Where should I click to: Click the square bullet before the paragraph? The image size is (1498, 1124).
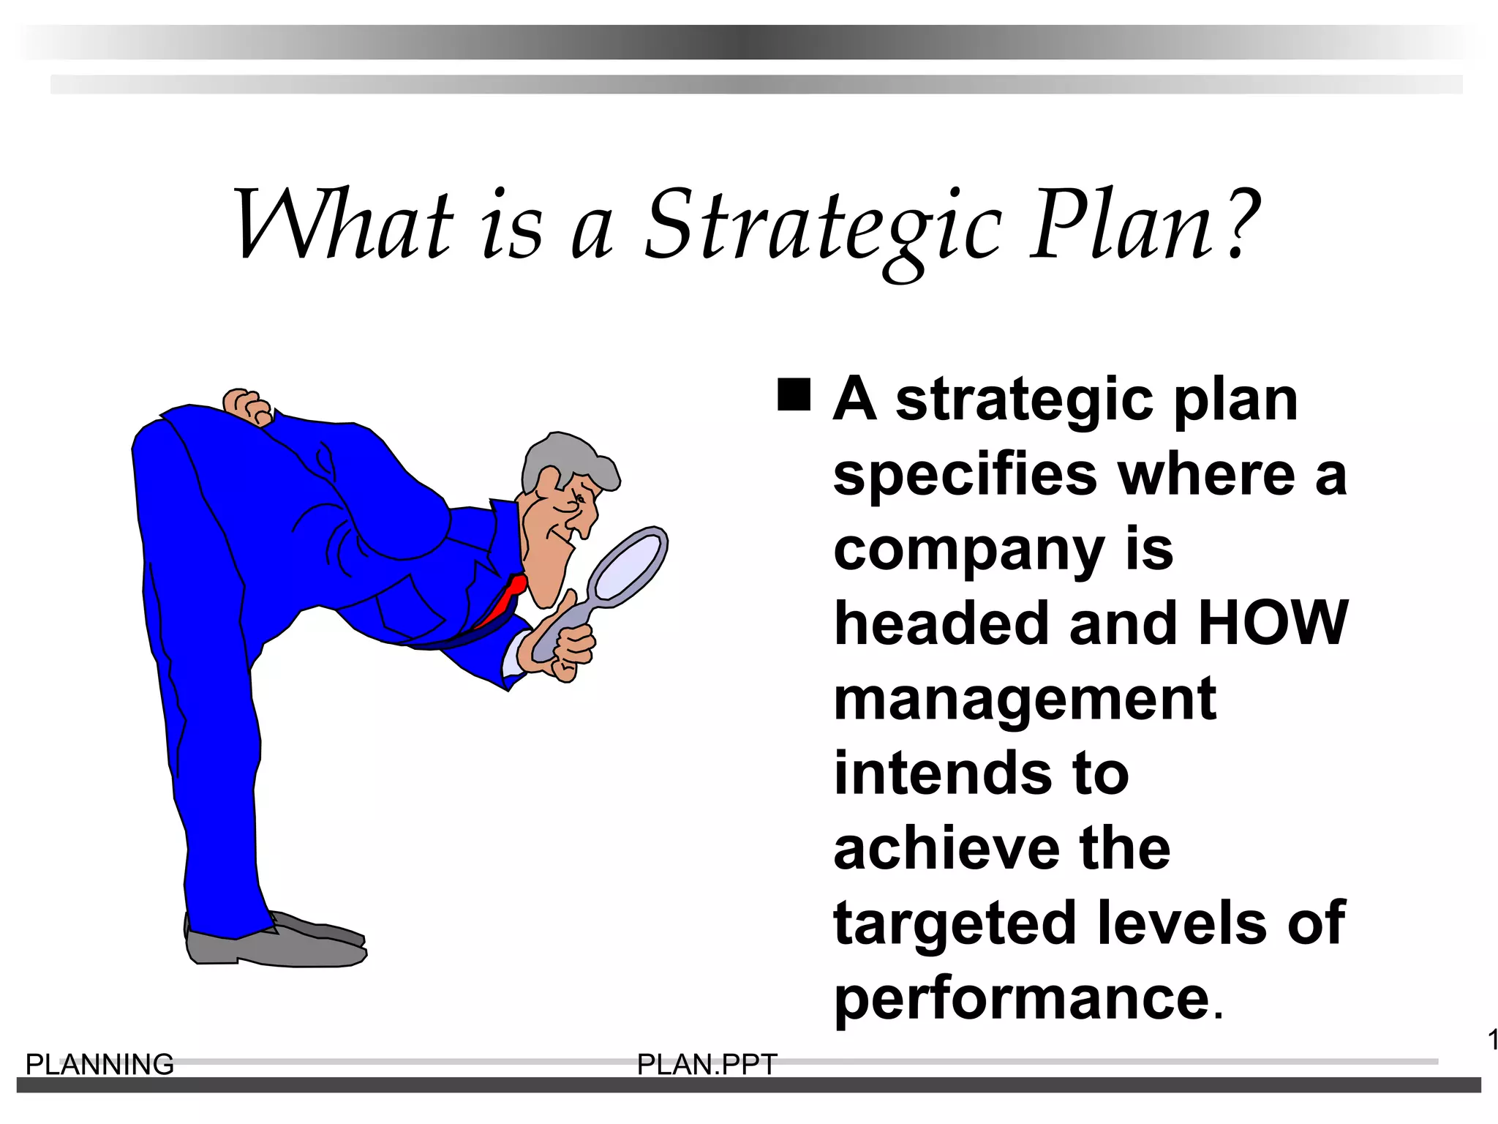coord(794,395)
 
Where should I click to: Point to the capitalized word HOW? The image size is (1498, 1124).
coord(1273,623)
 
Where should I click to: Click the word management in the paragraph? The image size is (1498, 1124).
coord(1025,700)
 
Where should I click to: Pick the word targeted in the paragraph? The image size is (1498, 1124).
coord(955,923)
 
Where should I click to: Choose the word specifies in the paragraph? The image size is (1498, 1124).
coord(965,475)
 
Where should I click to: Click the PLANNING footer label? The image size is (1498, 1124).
coord(99,1065)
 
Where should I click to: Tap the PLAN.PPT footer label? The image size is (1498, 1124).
coord(707,1065)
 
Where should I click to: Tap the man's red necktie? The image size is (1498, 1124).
coord(505,600)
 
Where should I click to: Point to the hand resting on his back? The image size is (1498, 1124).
coord(247,406)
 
